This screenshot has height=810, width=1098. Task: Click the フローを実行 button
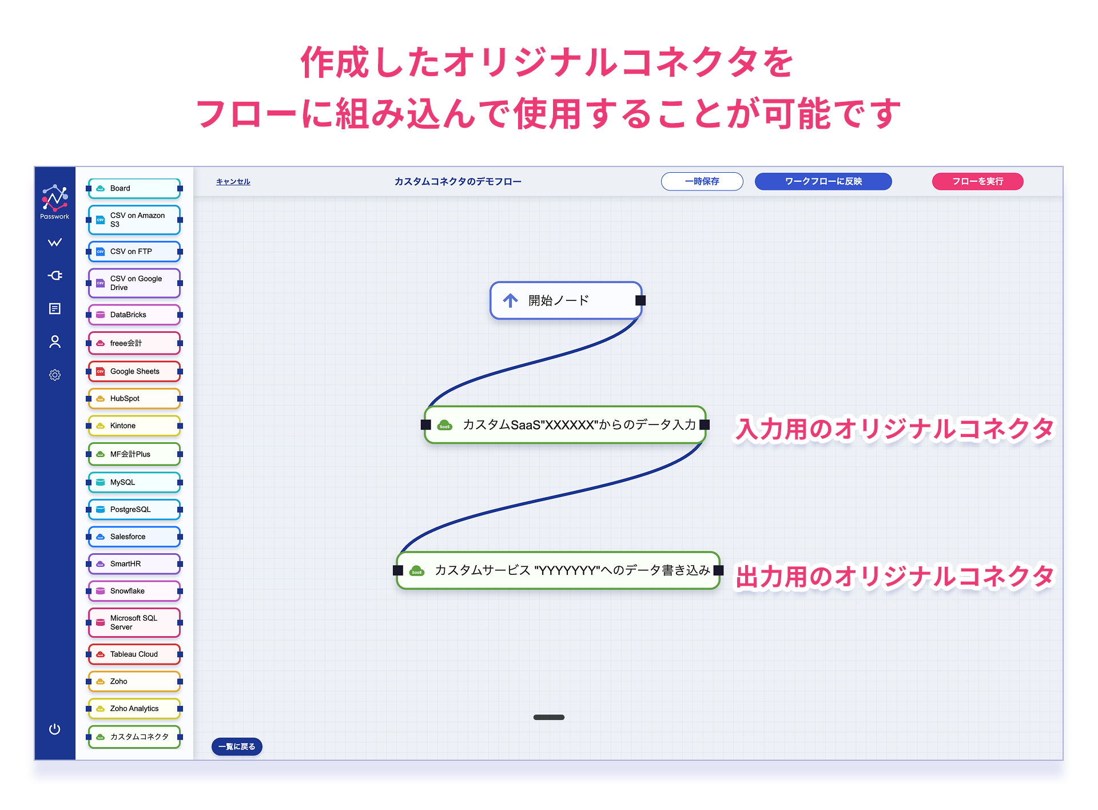[977, 181]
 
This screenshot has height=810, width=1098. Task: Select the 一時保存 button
[702, 181]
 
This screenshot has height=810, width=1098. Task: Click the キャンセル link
[233, 182]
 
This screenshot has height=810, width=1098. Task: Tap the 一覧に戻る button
[237, 747]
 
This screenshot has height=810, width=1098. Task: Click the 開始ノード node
[566, 300]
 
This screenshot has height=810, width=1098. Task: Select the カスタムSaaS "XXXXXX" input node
[565, 424]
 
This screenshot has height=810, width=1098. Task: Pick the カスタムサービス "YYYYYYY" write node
[558, 570]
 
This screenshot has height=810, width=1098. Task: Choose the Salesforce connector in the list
[134, 537]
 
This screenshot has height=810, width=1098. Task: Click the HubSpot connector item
[134, 399]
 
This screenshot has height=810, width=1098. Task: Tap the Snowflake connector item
[134, 591]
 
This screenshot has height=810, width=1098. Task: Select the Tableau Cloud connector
[134, 654]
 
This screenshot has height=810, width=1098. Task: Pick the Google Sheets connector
[134, 371]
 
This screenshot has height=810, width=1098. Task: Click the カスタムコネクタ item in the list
[134, 737]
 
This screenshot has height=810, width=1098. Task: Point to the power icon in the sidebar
[55, 729]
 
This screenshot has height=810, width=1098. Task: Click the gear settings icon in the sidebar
[55, 375]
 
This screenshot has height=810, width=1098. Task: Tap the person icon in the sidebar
[55, 342]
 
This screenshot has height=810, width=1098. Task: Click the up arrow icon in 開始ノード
[510, 300]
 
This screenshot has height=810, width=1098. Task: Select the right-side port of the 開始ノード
[640, 300]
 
